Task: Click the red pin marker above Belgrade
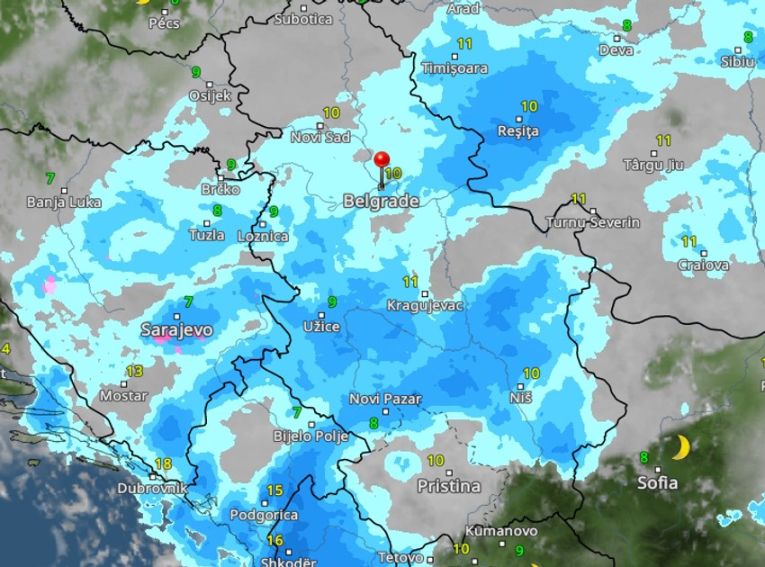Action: click(382, 161)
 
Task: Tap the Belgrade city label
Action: click(381, 202)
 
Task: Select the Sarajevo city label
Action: click(176, 330)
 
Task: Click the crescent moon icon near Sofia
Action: click(681, 446)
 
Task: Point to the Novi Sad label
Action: click(320, 137)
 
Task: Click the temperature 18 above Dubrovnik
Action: click(163, 463)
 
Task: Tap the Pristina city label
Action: click(448, 486)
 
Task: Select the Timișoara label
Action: click(454, 68)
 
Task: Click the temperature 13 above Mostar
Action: click(134, 371)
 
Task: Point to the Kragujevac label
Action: click(425, 306)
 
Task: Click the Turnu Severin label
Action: click(593, 222)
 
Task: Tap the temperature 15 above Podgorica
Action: click(275, 490)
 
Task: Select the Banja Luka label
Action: click(64, 202)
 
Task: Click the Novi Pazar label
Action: click(385, 400)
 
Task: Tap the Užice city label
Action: click(321, 327)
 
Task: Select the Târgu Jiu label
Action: click(654, 166)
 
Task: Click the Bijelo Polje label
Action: click(310, 436)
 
